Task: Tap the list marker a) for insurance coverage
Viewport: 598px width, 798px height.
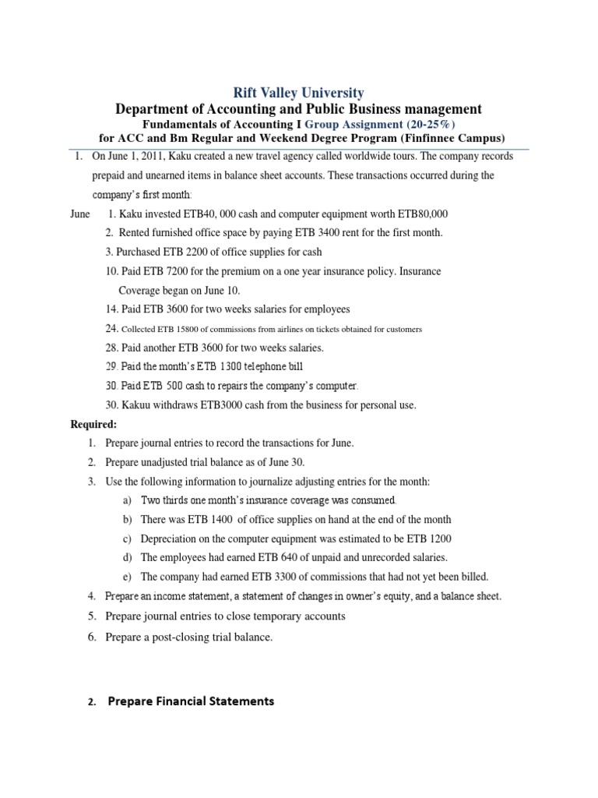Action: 127,500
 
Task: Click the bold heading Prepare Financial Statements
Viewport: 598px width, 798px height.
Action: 191,701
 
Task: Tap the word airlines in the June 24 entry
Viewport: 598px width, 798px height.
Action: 266,329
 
